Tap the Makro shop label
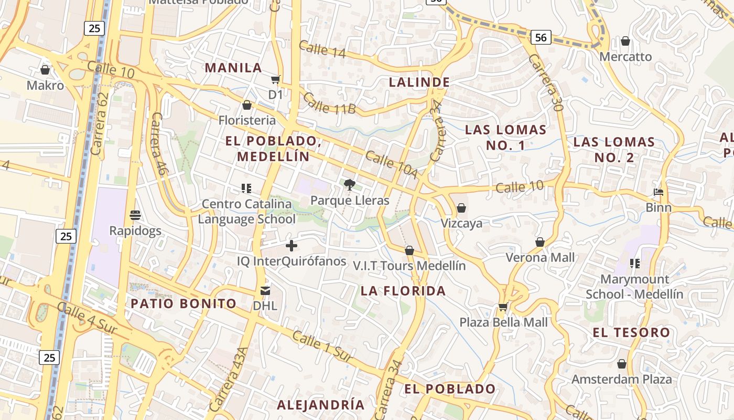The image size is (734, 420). coord(45,85)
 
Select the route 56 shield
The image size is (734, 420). coord(541,37)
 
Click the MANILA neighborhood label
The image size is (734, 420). coord(233,68)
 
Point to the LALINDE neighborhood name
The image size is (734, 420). coord(419,82)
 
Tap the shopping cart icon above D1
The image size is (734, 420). coord(275,80)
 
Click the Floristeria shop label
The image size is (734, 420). coord(247,120)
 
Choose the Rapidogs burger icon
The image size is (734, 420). coord(135,215)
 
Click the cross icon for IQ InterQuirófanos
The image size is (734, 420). coord(292,245)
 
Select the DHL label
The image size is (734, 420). coord(265,305)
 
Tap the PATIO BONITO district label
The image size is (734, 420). coord(183,303)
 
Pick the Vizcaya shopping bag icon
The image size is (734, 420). coord(461,208)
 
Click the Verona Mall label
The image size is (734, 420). coord(540,257)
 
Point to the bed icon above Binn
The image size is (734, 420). coord(659,192)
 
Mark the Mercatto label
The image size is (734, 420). coord(625,57)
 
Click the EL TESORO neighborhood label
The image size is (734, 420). coord(631,332)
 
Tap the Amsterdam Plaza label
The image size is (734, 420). coord(621,379)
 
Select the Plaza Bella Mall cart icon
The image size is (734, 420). coord(503,307)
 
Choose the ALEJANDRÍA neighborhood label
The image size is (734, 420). coord(320,405)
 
